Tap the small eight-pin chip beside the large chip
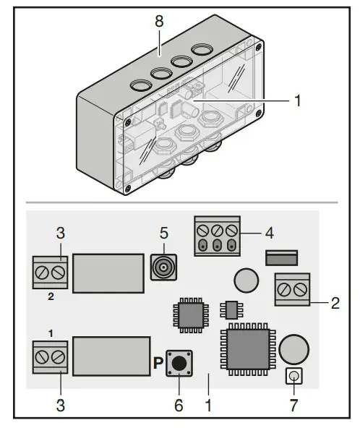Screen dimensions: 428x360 coord(232,309)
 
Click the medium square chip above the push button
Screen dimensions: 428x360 coord(189,314)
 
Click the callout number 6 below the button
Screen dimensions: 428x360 coord(179,405)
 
